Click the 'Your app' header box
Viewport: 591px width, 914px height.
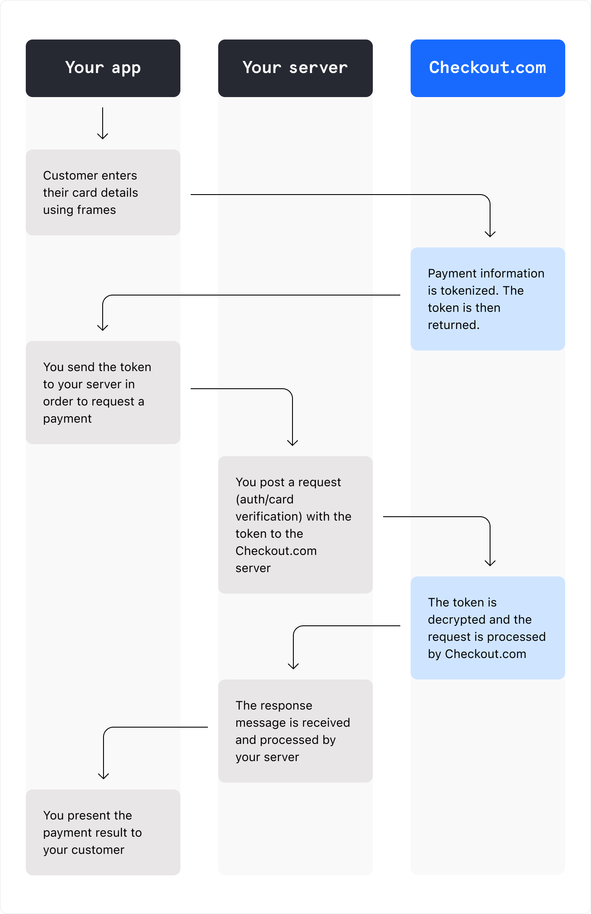(x=103, y=68)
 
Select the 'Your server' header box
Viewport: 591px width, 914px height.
(x=295, y=68)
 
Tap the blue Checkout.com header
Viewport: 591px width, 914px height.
(x=487, y=68)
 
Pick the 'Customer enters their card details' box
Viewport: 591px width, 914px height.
(x=103, y=192)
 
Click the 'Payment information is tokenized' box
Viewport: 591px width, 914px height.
(x=487, y=299)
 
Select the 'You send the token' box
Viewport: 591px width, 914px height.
(x=103, y=392)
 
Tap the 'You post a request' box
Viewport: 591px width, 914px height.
(x=295, y=524)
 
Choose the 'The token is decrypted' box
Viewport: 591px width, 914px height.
(x=487, y=628)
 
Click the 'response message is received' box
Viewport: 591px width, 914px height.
(x=295, y=731)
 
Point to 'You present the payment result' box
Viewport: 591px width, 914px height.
(x=103, y=832)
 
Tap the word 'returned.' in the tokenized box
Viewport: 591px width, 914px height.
(x=454, y=325)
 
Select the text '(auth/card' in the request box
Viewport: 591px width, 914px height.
(x=265, y=500)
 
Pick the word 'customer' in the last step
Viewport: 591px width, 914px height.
(x=98, y=850)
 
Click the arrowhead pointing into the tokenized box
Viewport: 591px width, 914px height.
(x=490, y=234)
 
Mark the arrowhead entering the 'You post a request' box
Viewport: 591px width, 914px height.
(x=292, y=442)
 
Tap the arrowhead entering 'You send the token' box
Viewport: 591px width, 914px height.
(x=103, y=327)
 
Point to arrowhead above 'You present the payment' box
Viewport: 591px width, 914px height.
(x=104, y=776)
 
